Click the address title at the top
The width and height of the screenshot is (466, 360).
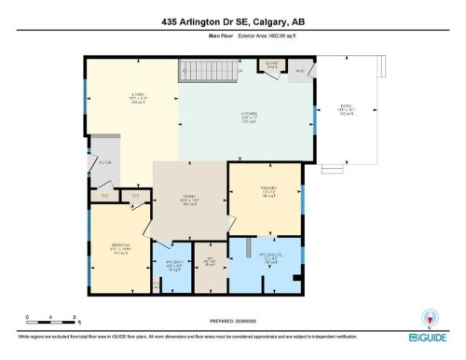coord(232,21)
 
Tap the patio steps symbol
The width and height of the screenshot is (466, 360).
coord(332,170)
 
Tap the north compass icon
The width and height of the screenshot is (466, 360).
coord(430,316)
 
